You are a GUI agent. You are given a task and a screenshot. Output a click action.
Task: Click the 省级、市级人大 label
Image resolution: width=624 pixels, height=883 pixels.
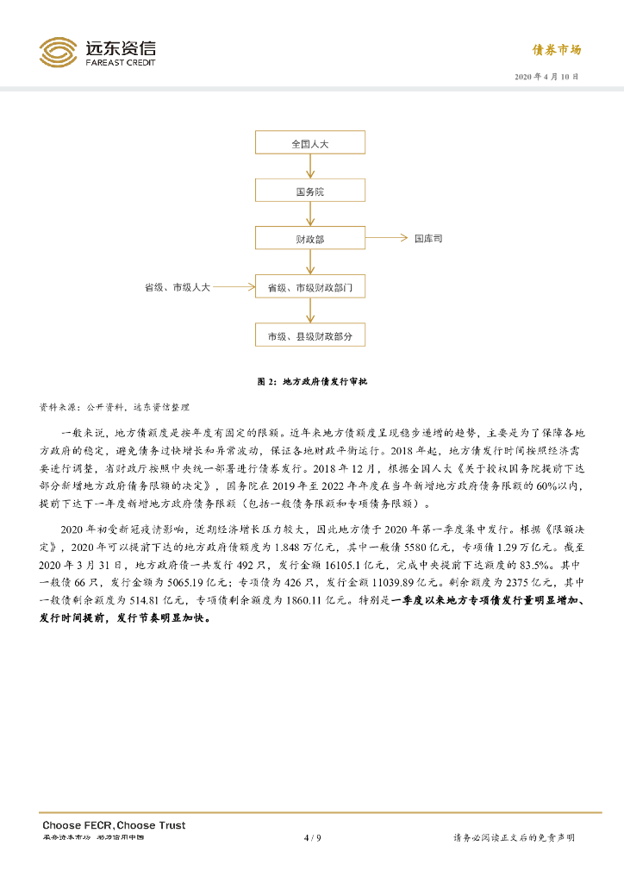coord(178,286)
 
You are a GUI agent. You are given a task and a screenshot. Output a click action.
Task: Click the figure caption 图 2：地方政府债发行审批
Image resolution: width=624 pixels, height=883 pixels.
coord(312,381)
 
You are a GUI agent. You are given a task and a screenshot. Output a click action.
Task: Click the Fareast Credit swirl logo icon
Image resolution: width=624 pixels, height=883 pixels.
coord(58,52)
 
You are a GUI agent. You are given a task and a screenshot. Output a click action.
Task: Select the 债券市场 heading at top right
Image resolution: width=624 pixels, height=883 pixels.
coord(556,50)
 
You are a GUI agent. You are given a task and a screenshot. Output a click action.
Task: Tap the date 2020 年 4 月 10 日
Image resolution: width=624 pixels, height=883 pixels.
coord(546,77)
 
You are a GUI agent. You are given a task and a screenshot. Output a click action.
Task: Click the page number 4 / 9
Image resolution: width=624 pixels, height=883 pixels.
coord(312,837)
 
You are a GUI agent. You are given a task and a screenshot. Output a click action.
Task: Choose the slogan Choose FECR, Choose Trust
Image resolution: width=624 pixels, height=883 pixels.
coord(114,825)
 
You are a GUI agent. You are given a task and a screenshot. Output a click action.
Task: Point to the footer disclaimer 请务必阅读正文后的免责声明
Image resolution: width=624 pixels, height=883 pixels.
coord(514,838)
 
